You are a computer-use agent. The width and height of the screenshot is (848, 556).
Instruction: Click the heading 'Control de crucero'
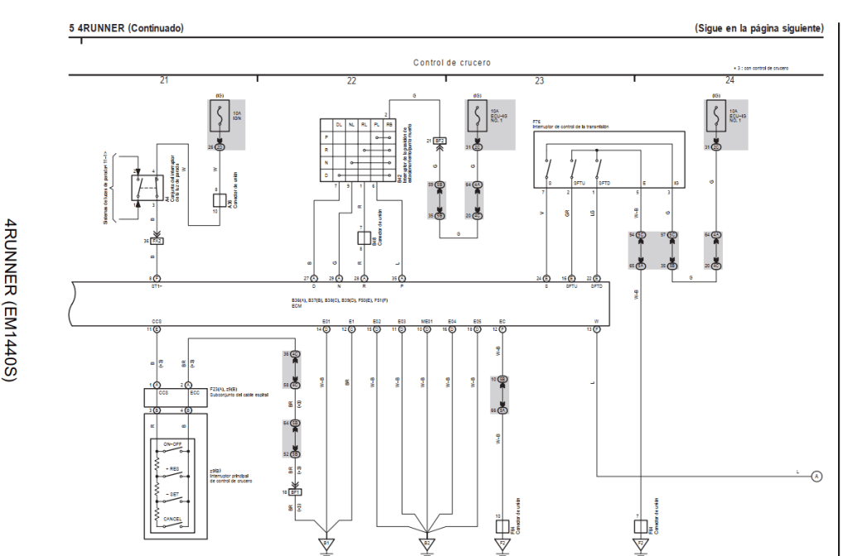click(451, 63)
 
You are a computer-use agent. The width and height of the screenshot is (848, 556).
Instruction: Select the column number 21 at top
click(164, 80)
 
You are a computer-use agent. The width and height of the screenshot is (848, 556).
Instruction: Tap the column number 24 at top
click(729, 80)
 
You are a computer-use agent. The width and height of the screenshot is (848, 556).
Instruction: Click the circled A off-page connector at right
click(817, 476)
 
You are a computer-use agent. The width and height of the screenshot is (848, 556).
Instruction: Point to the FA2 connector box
click(157, 242)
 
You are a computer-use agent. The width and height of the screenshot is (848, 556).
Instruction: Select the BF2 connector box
click(440, 141)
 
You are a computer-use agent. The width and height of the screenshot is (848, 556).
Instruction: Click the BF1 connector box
click(295, 491)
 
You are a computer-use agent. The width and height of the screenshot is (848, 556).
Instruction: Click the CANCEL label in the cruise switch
click(173, 519)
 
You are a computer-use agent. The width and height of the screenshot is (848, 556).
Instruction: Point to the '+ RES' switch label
click(173, 469)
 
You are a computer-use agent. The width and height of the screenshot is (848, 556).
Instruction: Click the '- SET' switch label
click(173, 494)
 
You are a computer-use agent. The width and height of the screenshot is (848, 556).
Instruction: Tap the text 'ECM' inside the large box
click(296, 306)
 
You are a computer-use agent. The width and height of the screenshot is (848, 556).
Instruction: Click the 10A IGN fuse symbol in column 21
click(220, 117)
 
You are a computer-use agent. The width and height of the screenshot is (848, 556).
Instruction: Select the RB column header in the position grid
click(389, 123)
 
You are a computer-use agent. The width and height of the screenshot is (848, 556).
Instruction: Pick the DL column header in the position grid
click(340, 123)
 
